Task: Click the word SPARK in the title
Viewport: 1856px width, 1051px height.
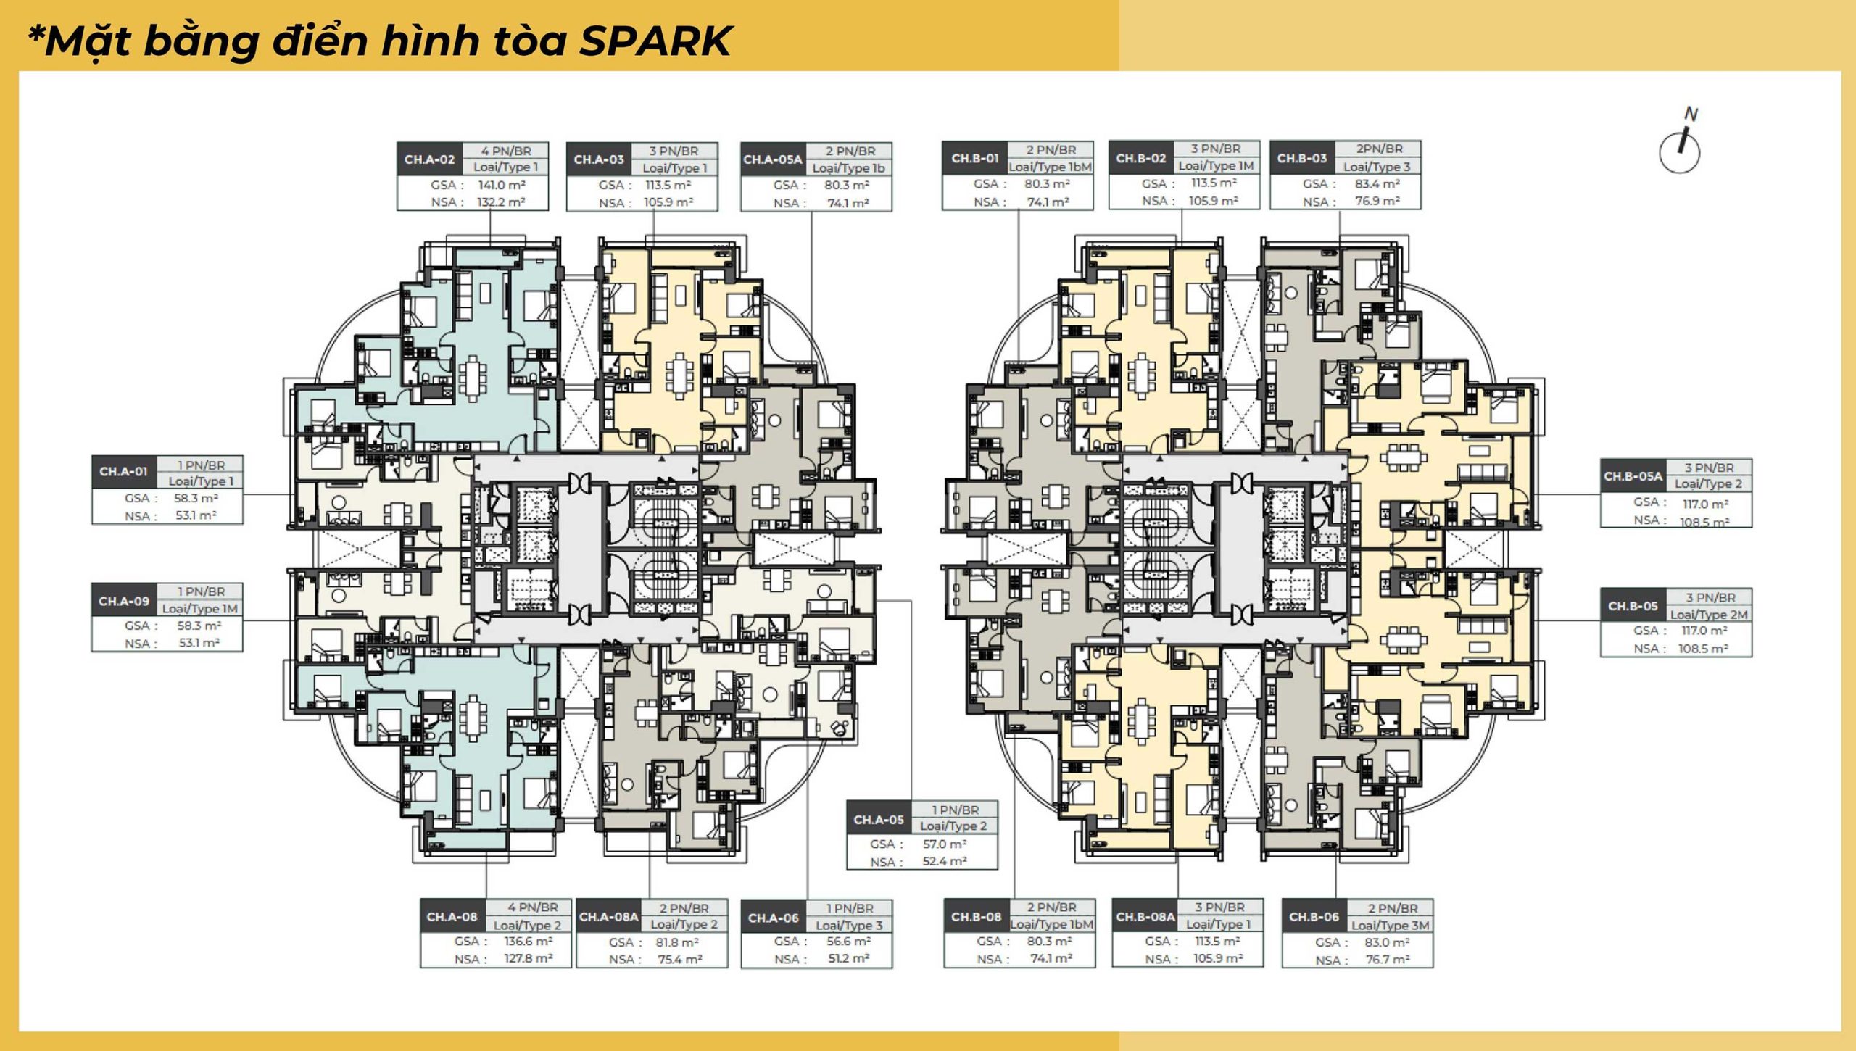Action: pyautogui.click(x=655, y=41)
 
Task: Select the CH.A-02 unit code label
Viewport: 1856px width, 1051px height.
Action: pyautogui.click(x=430, y=159)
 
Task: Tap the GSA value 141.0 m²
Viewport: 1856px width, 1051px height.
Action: pyautogui.click(x=502, y=186)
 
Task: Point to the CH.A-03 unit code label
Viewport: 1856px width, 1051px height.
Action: pyautogui.click(x=599, y=159)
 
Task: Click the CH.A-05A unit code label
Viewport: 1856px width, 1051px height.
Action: pyautogui.click(x=773, y=159)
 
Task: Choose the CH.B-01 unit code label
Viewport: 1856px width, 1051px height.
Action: pyautogui.click(x=975, y=158)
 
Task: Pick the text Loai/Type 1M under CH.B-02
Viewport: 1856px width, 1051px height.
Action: pyautogui.click(x=1217, y=166)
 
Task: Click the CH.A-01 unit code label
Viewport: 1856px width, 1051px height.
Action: pyautogui.click(x=124, y=472)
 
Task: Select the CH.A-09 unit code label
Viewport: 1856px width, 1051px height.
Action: pyautogui.click(x=124, y=602)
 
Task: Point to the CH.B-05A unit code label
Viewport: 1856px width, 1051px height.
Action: pyautogui.click(x=1633, y=477)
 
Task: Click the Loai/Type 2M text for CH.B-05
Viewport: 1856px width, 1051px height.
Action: pyautogui.click(x=1710, y=615)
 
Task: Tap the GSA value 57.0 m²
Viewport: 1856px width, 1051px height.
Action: pyautogui.click(x=945, y=844)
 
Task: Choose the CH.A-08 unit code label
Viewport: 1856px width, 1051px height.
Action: pyautogui.click(x=452, y=917)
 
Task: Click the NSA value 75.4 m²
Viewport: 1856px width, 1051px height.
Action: pyautogui.click(x=680, y=960)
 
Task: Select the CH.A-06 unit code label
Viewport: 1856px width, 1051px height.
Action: pyautogui.click(x=774, y=918)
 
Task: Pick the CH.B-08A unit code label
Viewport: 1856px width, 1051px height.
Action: pyautogui.click(x=1145, y=917)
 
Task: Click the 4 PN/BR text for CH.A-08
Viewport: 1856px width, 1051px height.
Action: pyautogui.click(x=533, y=907)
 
